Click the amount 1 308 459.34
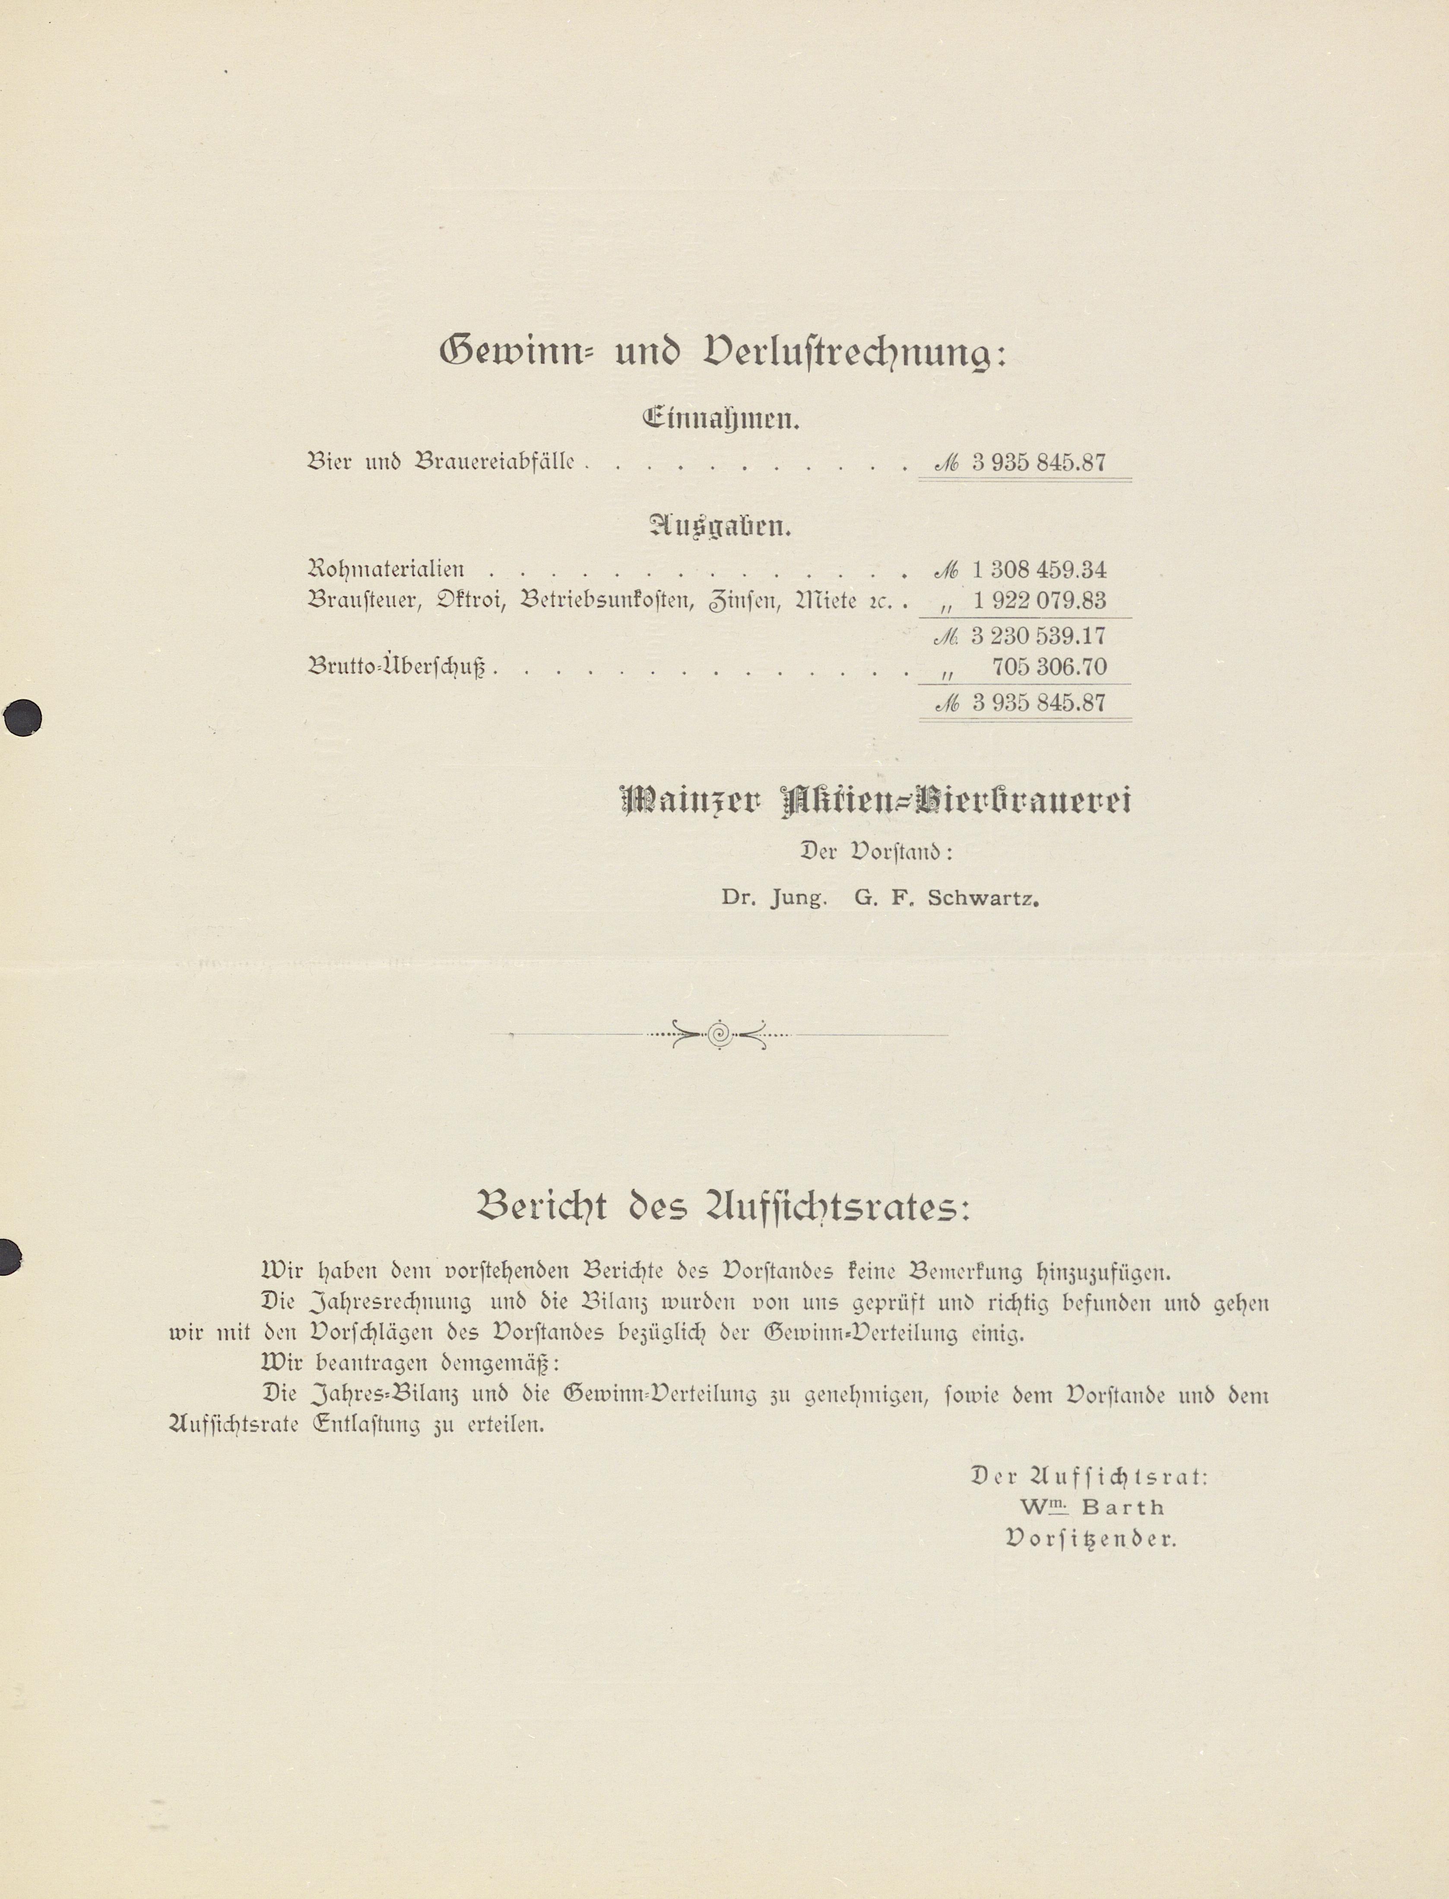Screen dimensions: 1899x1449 pyautogui.click(x=1038, y=570)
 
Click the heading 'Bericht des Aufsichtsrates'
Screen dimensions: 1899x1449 pyautogui.click(x=723, y=1208)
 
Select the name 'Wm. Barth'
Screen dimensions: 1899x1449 pyautogui.click(x=1092, y=1507)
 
